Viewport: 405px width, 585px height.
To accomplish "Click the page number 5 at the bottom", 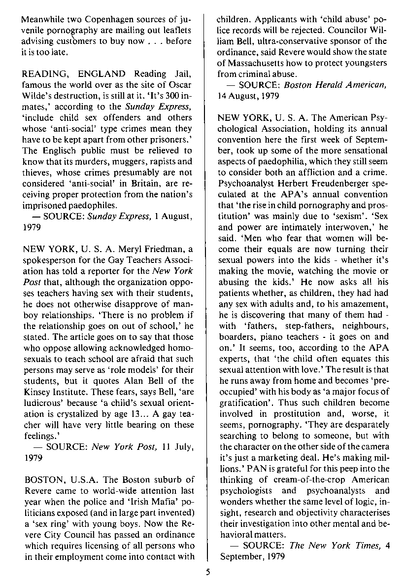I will (208, 573).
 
